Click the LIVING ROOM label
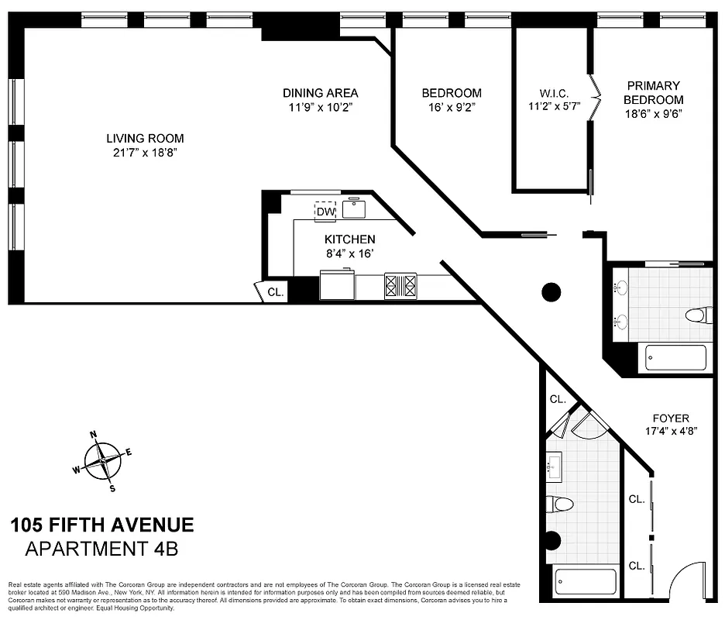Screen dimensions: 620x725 (x=145, y=139)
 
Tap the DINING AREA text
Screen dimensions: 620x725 (x=320, y=93)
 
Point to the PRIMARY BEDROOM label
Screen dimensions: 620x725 (x=654, y=92)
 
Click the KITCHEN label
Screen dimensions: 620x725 (x=349, y=239)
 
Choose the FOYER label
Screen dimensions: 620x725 (x=670, y=418)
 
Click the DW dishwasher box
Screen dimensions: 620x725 (x=325, y=211)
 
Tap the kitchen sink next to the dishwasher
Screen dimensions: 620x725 (x=354, y=208)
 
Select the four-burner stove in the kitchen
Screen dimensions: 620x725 (x=400, y=287)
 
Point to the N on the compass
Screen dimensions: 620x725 (x=93, y=435)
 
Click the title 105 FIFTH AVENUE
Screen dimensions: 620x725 (x=101, y=525)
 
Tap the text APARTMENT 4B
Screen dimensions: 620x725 (x=101, y=549)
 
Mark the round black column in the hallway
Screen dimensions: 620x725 (x=550, y=291)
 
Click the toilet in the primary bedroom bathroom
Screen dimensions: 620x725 (x=699, y=315)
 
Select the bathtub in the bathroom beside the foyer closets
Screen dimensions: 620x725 (x=586, y=581)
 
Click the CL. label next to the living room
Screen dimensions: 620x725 (x=276, y=292)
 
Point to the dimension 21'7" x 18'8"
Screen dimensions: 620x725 (x=145, y=153)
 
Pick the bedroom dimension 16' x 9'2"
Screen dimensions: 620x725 (x=452, y=107)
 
